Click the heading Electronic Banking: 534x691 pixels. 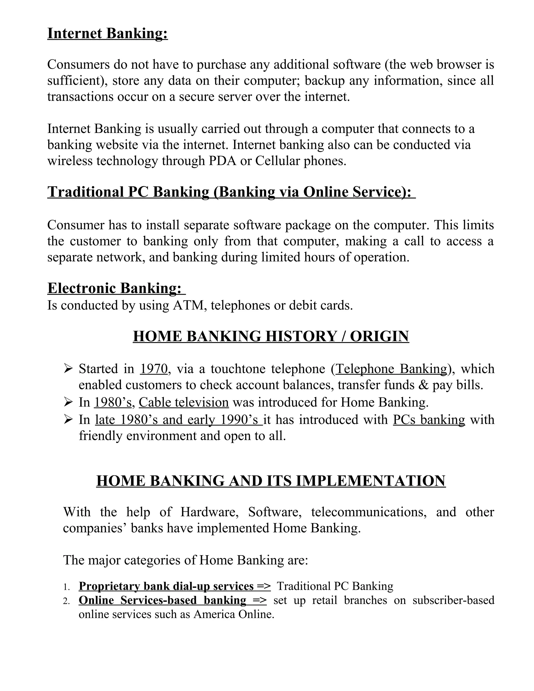point(114,288)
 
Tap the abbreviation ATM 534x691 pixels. point(190,306)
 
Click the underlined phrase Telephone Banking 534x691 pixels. point(391,369)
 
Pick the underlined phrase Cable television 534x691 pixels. point(184,402)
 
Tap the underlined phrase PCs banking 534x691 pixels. point(429,420)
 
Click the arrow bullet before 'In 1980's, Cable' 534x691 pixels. point(68,402)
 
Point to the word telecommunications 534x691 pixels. point(368,512)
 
